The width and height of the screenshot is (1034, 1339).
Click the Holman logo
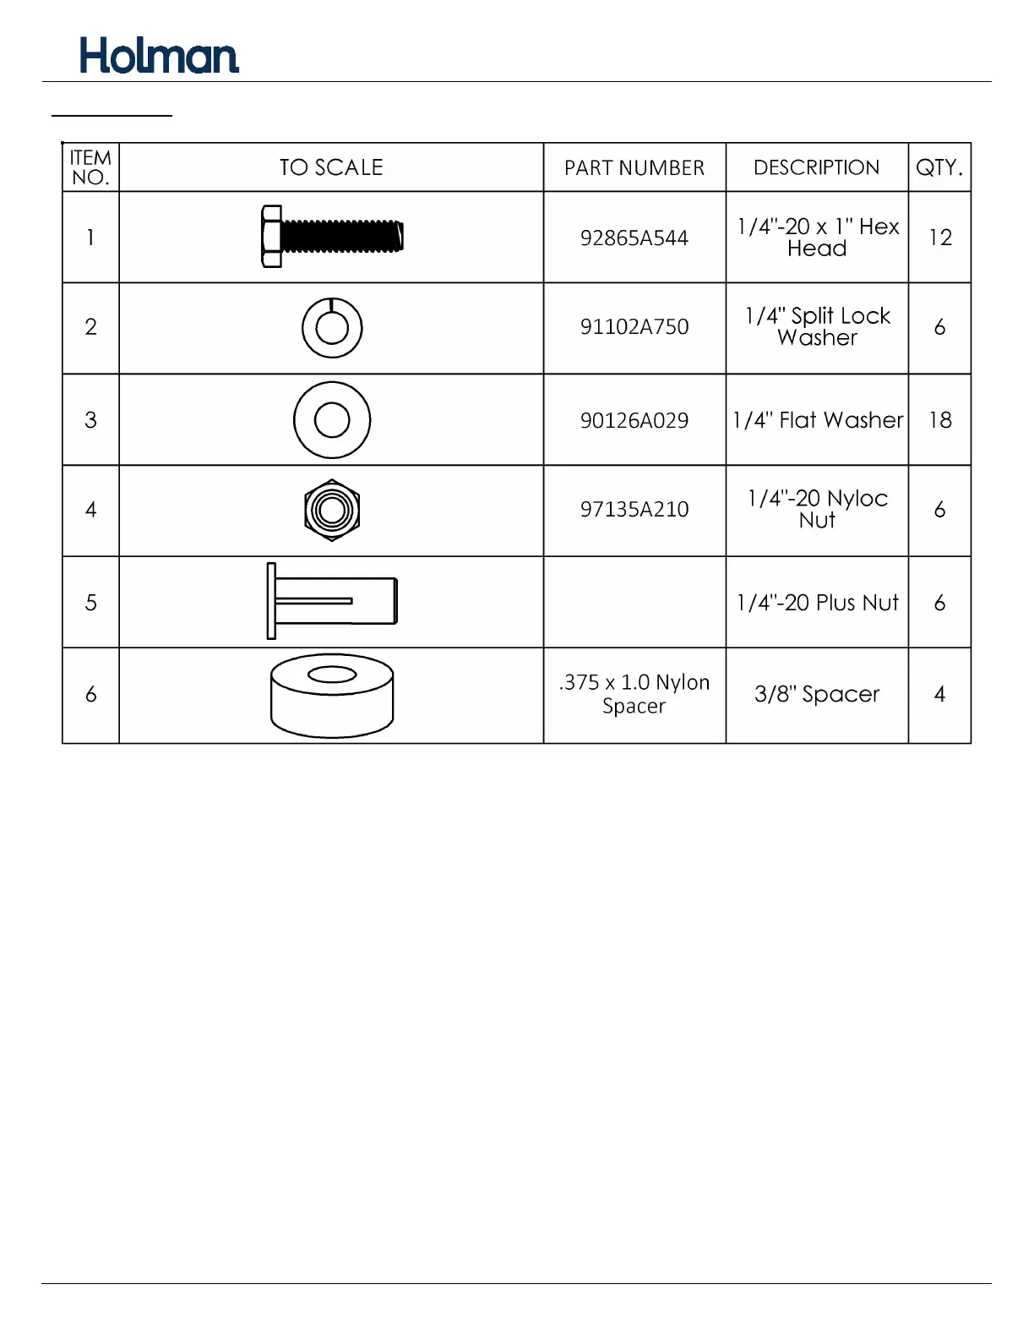pyautogui.click(x=159, y=56)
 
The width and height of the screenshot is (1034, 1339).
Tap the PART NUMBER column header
pyautogui.click(x=634, y=167)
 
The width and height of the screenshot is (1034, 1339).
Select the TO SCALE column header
pyautogui.click(x=331, y=167)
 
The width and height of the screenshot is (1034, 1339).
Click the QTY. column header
pyautogui.click(x=939, y=167)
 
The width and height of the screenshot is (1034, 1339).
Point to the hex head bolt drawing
pyautogui.click(x=332, y=237)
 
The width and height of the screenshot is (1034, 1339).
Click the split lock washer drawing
pyautogui.click(x=332, y=328)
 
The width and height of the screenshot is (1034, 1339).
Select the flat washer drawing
pyautogui.click(x=332, y=420)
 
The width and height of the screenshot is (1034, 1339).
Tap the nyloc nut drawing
pyautogui.click(x=332, y=510)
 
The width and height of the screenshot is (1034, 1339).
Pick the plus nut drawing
pyautogui.click(x=332, y=601)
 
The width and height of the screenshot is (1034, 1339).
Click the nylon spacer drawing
pyautogui.click(x=332, y=695)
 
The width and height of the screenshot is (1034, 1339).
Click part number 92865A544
pyautogui.click(x=634, y=238)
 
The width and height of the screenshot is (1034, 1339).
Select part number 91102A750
pyautogui.click(x=634, y=327)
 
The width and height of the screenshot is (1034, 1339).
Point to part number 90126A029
pyautogui.click(x=634, y=421)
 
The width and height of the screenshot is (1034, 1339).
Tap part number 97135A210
pyautogui.click(x=634, y=510)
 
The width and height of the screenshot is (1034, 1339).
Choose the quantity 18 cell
pyautogui.click(x=939, y=420)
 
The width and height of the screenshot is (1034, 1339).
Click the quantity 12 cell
pyautogui.click(x=939, y=238)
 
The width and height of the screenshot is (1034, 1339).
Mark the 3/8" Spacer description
pyautogui.click(x=817, y=694)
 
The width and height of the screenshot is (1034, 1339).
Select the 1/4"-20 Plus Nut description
pyautogui.click(x=817, y=603)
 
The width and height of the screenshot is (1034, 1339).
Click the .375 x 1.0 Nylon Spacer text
pyautogui.click(x=634, y=694)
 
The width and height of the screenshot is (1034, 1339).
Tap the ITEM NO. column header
pyautogui.click(x=90, y=167)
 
